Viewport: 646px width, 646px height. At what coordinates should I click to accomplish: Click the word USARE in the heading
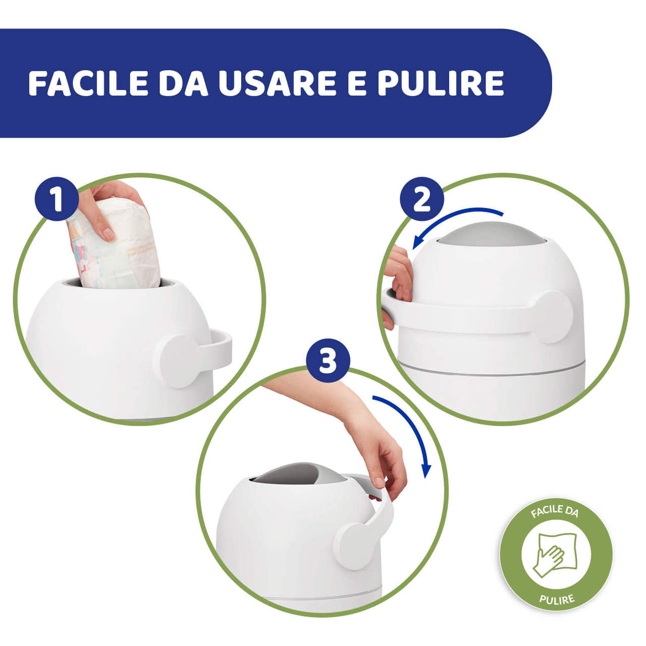click(277, 83)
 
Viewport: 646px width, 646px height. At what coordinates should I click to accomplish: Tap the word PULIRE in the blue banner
click(441, 83)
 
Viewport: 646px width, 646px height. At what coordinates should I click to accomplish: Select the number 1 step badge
click(57, 199)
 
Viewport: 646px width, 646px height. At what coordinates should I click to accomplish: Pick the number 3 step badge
click(328, 361)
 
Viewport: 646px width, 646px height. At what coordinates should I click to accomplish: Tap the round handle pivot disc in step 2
click(553, 317)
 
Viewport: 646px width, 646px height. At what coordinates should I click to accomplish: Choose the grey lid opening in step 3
click(298, 473)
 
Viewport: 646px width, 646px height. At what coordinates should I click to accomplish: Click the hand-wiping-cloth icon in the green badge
click(556, 555)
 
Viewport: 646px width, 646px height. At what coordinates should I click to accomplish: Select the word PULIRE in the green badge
click(557, 600)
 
